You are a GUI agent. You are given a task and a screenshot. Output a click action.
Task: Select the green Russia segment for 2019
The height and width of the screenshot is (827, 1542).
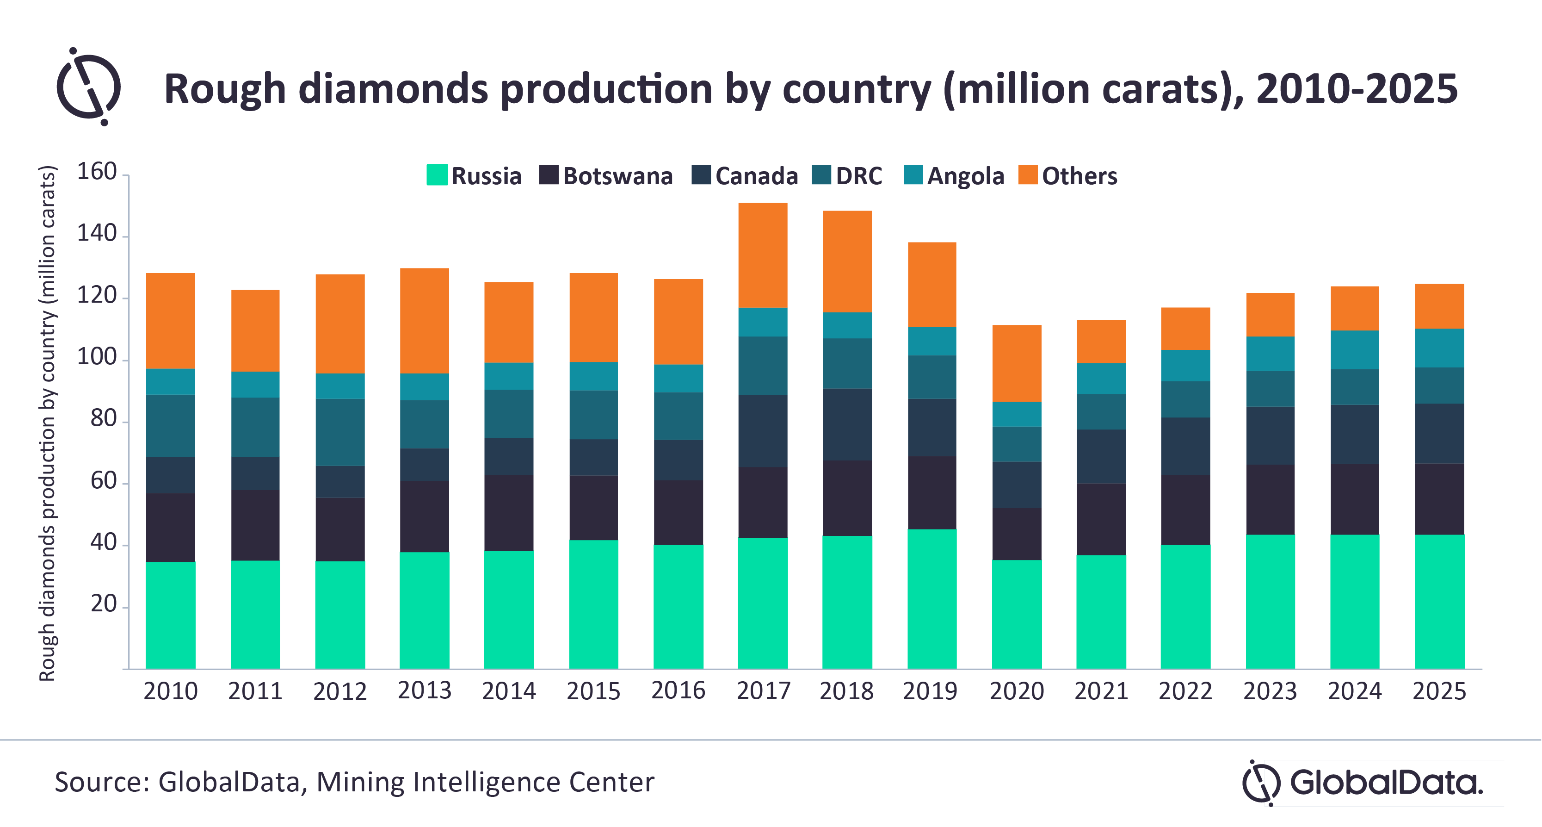tap(931, 599)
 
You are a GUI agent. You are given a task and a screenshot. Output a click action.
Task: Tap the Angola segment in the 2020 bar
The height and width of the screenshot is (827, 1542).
tap(1017, 414)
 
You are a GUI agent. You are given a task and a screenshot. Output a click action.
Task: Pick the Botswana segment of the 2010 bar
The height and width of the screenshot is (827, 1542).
tap(171, 527)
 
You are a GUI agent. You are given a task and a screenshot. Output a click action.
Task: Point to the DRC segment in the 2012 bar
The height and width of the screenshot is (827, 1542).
tap(340, 432)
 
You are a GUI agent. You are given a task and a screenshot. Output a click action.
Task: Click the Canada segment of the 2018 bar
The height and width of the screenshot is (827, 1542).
tap(847, 424)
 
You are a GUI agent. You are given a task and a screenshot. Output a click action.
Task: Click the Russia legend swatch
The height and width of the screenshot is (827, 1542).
tap(437, 175)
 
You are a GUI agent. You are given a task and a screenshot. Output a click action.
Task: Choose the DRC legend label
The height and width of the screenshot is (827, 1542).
tap(858, 176)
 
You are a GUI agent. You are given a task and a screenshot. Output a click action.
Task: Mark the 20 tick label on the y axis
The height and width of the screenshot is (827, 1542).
tap(104, 603)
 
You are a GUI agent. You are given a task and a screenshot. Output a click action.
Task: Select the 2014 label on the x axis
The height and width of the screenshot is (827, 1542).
tap(509, 691)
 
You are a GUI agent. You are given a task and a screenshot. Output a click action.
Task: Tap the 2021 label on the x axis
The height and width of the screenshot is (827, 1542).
tap(1101, 691)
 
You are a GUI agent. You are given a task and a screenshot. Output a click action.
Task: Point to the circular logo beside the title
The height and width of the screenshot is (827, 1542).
tap(89, 87)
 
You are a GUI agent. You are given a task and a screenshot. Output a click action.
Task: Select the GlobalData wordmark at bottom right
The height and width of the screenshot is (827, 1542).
tap(1385, 782)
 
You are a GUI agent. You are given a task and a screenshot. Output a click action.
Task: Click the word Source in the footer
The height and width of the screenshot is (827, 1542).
tap(102, 782)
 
